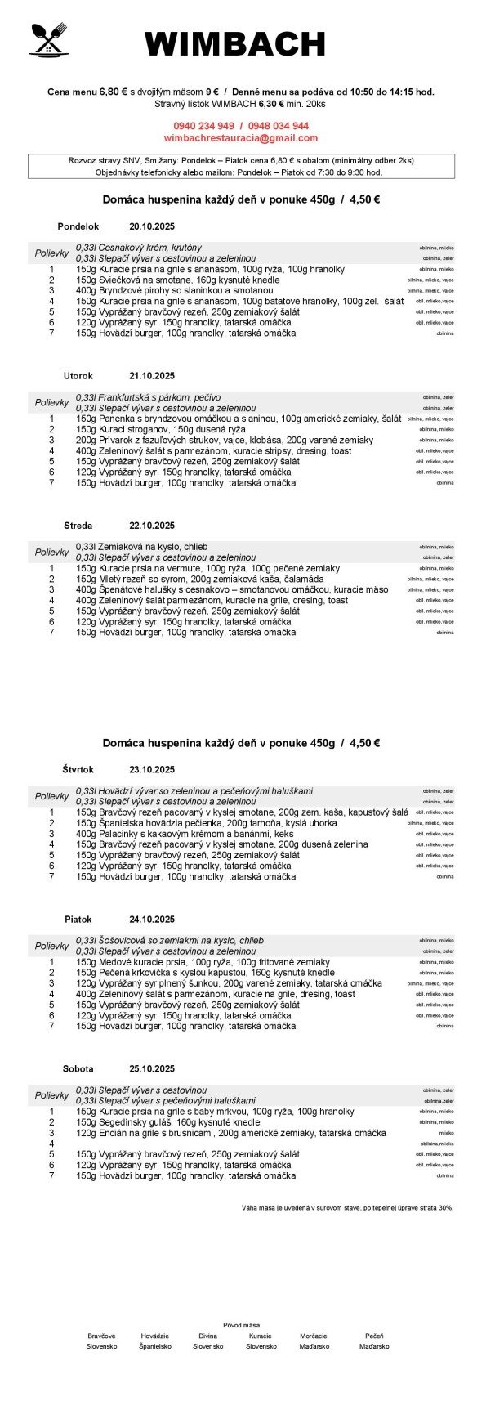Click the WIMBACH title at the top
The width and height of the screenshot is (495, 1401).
[235, 44]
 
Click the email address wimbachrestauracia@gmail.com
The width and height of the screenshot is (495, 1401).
[241, 138]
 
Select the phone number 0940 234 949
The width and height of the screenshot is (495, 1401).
[203, 126]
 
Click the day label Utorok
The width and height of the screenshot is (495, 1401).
[78, 376]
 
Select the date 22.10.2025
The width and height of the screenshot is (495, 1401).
[152, 526]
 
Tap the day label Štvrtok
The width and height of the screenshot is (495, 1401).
[78, 769]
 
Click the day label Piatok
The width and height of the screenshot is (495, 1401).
[78, 920]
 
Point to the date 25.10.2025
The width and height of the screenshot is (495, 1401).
[152, 1068]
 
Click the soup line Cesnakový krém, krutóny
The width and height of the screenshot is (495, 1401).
[139, 248]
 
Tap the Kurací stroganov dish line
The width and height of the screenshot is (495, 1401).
[155, 429]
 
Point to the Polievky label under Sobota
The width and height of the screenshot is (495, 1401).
[51, 1095]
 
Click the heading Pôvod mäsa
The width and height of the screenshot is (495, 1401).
[241, 1324]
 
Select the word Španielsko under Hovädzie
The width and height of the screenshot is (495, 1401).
[155, 1345]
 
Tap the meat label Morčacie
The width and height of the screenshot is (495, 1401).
[314, 1336]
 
